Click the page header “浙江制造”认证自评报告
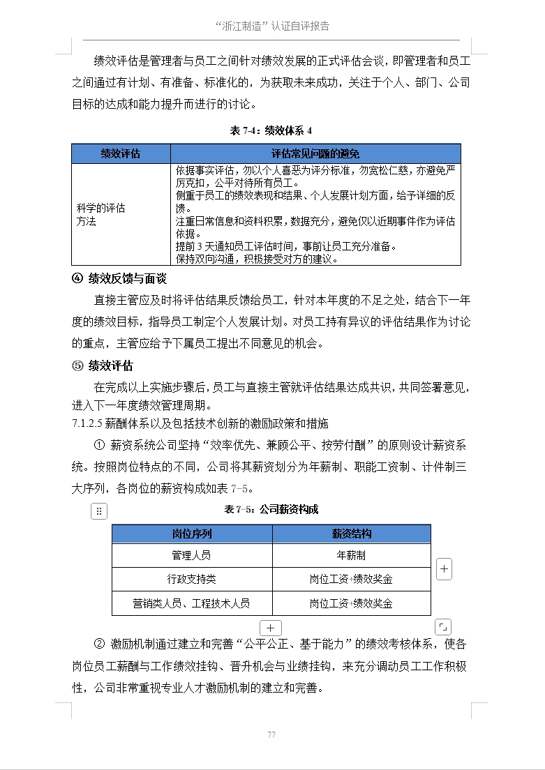pos(272,27)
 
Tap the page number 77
pos(271,734)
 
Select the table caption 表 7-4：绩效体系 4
pos(271,130)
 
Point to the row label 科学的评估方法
pos(100,215)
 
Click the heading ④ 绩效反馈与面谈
pos(119,279)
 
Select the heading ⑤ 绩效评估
pos(103,365)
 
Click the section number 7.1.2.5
pos(87,423)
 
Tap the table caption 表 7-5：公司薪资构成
pos(271,510)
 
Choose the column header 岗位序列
pos(192,534)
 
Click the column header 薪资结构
pos(351,534)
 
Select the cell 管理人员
pos(192,556)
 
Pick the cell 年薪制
pos(351,556)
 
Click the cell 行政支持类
pos(192,579)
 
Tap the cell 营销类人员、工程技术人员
pos(192,603)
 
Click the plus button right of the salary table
pos(444,569)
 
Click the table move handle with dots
pos(99,511)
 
